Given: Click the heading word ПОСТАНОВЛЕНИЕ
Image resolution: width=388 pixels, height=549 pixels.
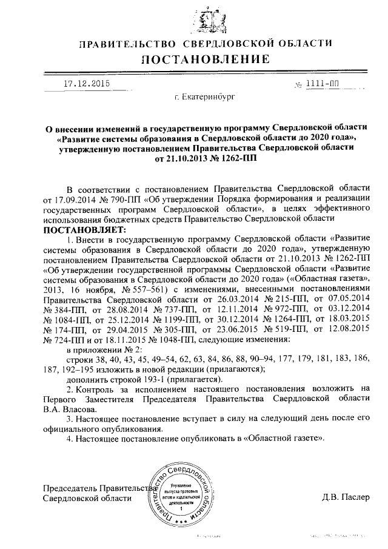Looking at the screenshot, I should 206,59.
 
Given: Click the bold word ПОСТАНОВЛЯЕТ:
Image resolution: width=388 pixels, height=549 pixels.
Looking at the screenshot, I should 84,230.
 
